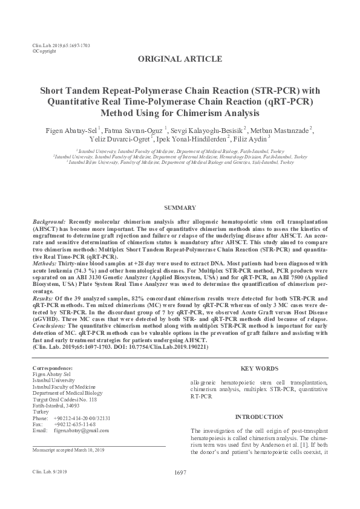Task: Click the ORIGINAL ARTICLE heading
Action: pos(180,59)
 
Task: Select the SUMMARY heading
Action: pos(180,207)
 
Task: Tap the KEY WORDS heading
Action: pos(260,368)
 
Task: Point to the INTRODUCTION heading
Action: pos(259,417)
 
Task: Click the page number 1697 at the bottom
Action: pos(179,473)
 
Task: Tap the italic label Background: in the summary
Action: pos(48,223)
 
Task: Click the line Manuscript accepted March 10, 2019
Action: pos(68,450)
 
